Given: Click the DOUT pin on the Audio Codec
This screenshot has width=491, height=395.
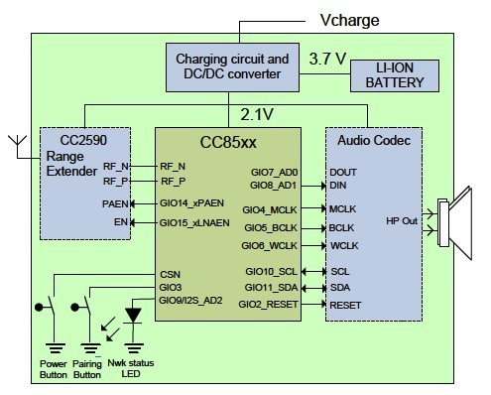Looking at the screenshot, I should (x=344, y=172).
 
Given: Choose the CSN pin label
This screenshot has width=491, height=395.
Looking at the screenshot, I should (x=170, y=274).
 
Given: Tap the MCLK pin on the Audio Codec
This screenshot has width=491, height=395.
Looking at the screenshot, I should (x=344, y=209).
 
